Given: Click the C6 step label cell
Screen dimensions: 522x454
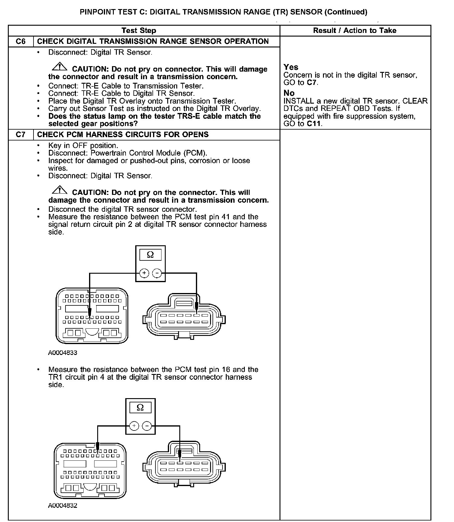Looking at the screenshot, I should pos(21,41).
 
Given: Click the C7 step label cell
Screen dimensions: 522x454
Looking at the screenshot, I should pos(21,134).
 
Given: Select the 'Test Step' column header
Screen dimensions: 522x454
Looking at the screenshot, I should pos(139,31).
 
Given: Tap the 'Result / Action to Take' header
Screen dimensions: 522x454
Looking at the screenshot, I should pos(355,31).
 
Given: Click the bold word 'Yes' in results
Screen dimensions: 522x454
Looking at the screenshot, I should pos(291,67).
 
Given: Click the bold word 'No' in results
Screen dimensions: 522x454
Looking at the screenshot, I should pos(289,93).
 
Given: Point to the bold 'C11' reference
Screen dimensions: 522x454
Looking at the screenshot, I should pos(315,124).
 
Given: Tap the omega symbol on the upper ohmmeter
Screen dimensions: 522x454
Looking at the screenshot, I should pos(150,255).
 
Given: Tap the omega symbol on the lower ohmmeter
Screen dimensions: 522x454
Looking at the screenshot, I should pos(140,408).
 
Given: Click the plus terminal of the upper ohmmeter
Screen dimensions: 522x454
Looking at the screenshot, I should pos(144,273).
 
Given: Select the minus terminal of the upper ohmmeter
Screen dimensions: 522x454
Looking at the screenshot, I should pos(157,273).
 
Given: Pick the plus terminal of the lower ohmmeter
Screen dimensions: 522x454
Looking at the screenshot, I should pos(134,426).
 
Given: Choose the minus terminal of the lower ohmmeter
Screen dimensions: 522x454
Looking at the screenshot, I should pos(147,426).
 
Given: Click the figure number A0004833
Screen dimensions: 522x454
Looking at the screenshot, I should pos(62,353).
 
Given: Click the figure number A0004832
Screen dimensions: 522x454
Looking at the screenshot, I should pos(62,506).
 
